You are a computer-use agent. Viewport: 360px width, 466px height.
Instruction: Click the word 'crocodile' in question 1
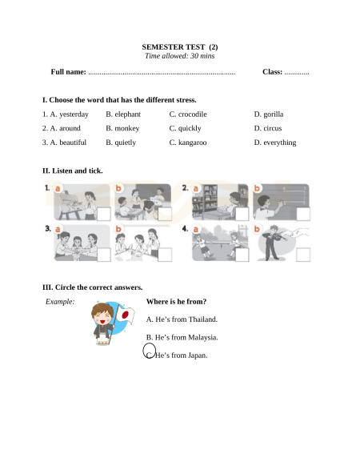coord(193,114)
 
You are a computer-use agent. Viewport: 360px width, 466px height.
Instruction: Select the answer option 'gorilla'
coord(274,114)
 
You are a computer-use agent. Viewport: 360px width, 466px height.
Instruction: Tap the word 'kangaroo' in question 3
coord(193,143)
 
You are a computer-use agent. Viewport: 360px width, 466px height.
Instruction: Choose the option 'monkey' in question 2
coord(127,128)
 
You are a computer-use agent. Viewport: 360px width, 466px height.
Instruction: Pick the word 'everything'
coord(280,143)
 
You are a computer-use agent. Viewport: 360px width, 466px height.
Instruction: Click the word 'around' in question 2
coord(70,128)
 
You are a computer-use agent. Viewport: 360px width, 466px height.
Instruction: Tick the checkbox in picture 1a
coord(104,214)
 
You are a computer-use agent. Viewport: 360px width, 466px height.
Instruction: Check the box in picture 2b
coord(303,214)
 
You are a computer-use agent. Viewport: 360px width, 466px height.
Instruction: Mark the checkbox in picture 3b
coord(165,255)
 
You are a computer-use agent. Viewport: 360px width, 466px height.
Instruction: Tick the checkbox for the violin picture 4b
coord(303,255)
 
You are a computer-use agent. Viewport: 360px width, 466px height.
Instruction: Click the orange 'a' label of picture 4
coord(196,230)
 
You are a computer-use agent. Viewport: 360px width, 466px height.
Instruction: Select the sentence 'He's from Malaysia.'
coord(186,338)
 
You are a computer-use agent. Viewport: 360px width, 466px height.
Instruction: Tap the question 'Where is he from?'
coord(177,302)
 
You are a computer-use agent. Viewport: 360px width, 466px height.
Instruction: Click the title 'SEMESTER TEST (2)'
coord(180,47)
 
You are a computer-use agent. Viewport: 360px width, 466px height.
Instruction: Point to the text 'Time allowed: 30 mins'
coord(180,56)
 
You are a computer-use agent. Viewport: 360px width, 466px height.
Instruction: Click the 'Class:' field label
coord(272,72)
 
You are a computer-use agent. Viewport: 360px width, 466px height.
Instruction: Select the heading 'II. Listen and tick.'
coord(73,171)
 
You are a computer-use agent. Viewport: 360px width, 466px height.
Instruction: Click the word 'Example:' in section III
coord(60,302)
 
